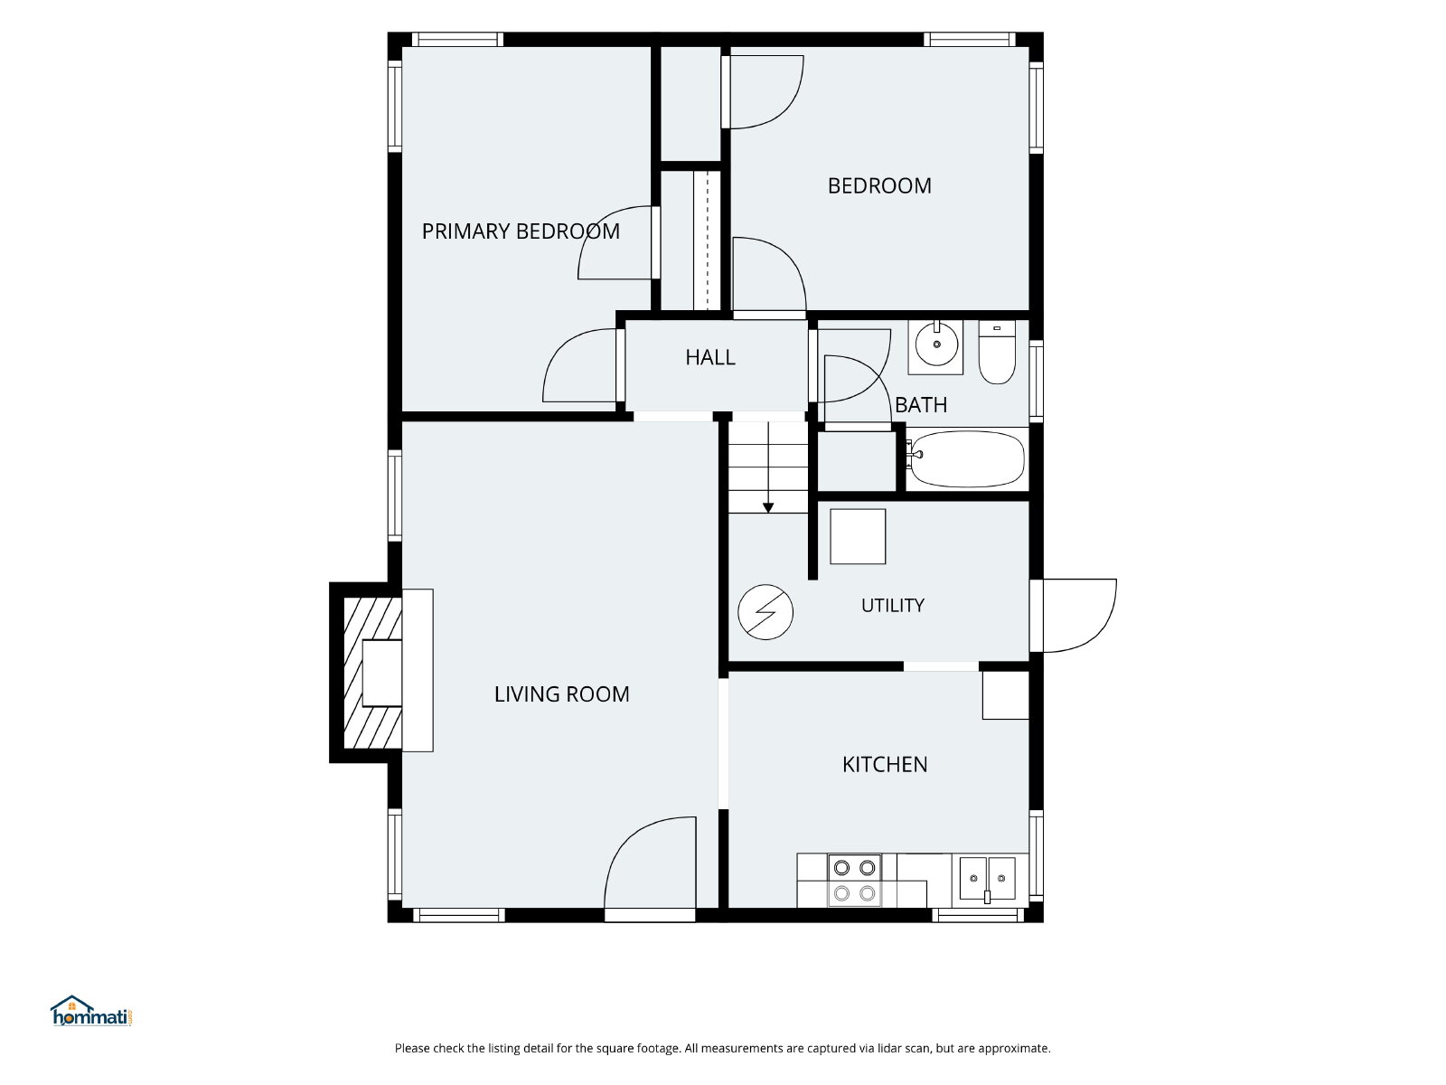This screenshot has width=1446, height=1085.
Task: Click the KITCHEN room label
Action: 884,764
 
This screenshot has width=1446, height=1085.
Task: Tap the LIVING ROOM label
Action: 561,693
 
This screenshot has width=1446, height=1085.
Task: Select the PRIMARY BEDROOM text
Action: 521,231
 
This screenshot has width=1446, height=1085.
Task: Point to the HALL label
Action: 710,357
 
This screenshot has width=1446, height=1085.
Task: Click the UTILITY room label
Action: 893,606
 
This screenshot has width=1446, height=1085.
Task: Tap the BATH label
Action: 921,404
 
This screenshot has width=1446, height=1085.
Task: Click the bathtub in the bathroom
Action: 966,459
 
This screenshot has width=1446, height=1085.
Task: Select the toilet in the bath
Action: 997,352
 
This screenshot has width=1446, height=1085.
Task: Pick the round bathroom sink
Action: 936,344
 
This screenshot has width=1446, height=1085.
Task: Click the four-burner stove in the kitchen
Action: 854,880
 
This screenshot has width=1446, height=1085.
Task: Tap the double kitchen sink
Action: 987,879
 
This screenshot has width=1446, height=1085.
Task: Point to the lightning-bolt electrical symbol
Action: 765,612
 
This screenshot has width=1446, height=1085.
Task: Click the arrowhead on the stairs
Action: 768,507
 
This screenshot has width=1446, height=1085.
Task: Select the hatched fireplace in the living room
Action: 373,673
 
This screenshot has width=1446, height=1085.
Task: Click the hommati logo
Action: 91,1011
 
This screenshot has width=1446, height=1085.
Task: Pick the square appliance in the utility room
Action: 857,536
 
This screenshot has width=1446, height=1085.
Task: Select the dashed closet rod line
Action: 707,240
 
